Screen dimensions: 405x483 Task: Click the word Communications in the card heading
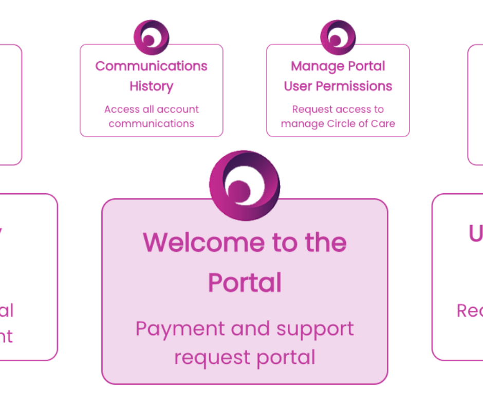[151, 66]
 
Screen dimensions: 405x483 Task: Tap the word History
[151, 86]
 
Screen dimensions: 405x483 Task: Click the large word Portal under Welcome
[245, 283]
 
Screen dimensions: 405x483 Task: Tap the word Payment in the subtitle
[180, 328]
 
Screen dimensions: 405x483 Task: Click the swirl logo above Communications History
[151, 37]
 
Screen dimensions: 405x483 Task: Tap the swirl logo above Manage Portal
[338, 37]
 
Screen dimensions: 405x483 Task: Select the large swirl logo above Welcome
[245, 185]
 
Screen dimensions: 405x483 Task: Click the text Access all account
[151, 109]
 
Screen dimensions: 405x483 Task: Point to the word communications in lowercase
[151, 123]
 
